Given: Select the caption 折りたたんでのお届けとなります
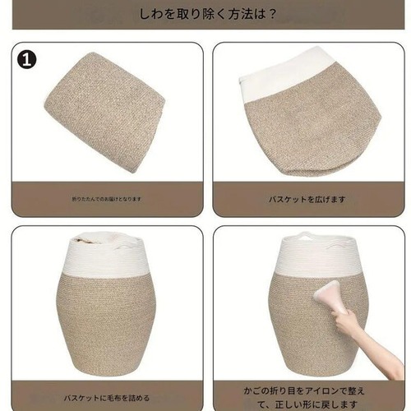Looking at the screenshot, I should coord(107,199).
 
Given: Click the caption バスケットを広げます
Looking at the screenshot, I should coord(307,199).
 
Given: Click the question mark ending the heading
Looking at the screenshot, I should coord(271,14).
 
